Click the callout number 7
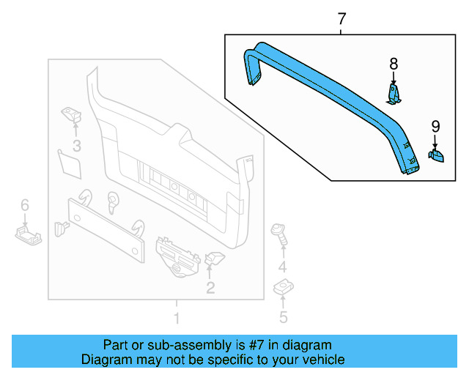point(341,19)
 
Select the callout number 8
point(393,64)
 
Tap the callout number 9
point(435,125)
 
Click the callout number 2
point(210,288)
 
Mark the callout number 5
point(283,316)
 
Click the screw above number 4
point(279,234)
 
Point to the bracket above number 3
point(71,114)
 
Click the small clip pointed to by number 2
point(215,258)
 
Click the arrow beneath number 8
point(394,78)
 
